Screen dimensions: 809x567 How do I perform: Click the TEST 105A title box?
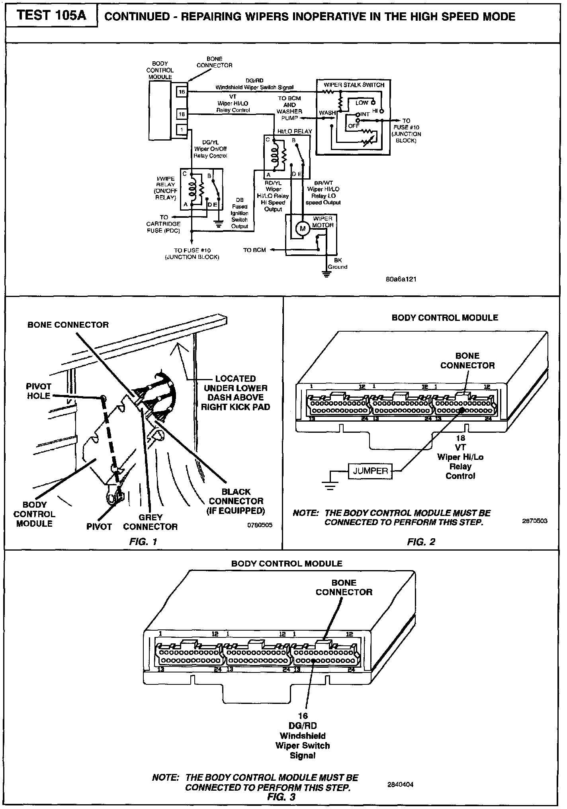coord(52,16)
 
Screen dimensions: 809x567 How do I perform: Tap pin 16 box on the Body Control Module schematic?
coord(182,92)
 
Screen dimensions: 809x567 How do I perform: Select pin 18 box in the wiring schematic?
coord(182,115)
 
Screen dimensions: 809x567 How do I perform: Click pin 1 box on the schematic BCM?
coord(182,129)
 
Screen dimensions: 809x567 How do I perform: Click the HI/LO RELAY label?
coord(295,131)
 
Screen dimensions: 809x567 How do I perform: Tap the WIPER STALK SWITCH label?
coord(354,85)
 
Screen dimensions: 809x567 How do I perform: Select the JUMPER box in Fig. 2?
coord(370,471)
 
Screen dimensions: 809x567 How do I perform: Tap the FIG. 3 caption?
coord(281,797)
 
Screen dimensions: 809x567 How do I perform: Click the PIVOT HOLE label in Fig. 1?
coord(39,391)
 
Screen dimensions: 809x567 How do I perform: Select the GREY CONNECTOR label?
coord(150,522)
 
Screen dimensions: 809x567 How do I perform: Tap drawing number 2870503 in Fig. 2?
coord(535,521)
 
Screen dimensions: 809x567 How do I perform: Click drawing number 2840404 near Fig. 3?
coord(401,784)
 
